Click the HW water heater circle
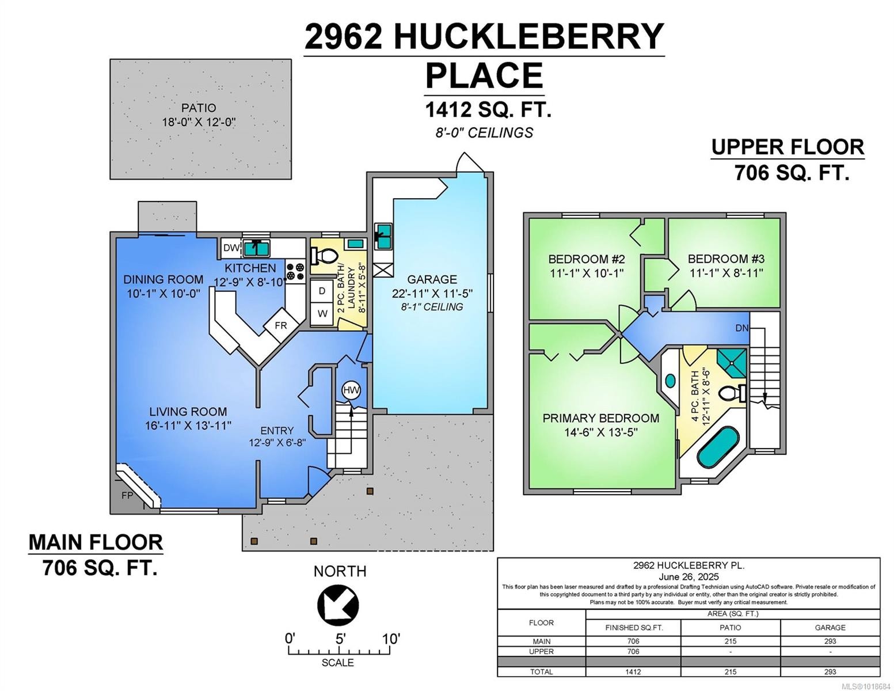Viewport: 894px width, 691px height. coord(351,390)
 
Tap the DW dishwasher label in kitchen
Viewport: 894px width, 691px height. coord(231,248)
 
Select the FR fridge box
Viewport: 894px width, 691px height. coord(280,325)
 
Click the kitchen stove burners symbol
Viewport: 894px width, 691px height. coord(295,272)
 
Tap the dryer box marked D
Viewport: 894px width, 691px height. coord(322,291)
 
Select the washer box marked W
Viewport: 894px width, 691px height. coord(322,314)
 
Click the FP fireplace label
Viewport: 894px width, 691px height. coord(127,495)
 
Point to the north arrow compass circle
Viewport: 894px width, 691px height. coord(338,605)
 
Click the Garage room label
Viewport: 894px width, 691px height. coord(432,279)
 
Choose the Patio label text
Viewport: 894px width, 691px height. coord(199,108)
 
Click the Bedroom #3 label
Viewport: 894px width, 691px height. coord(726,259)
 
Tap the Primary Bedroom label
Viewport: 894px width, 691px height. coord(600,418)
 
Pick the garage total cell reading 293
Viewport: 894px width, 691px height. coord(830,671)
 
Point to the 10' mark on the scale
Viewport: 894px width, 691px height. coord(390,639)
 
